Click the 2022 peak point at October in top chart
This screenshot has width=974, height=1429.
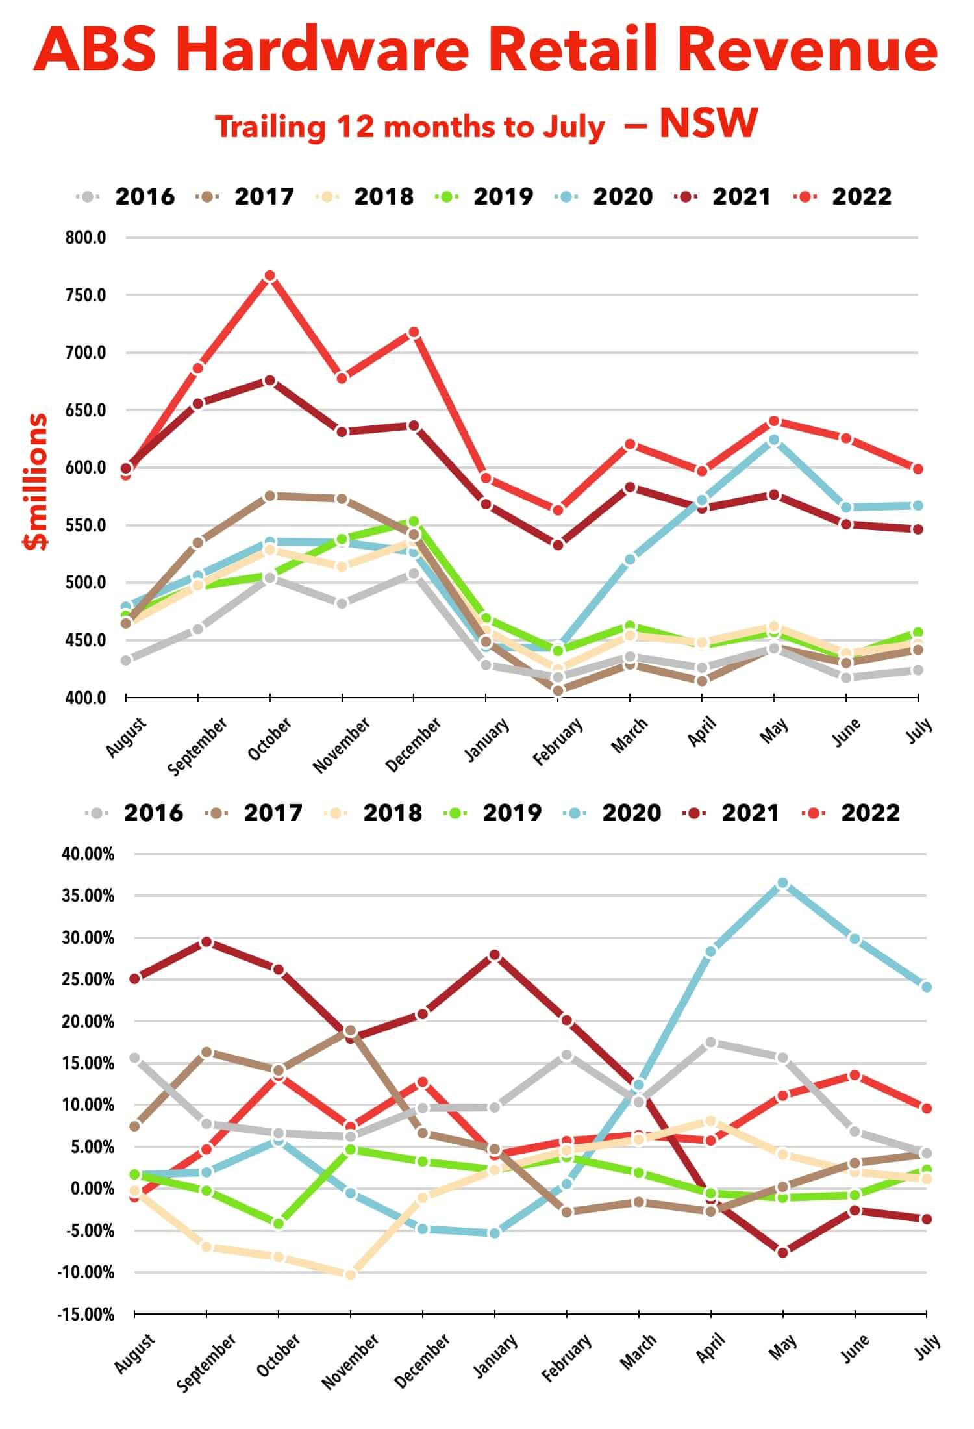point(270,276)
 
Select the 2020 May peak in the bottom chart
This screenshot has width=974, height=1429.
point(782,883)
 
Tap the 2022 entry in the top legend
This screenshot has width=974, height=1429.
point(861,196)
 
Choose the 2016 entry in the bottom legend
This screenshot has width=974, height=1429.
point(153,813)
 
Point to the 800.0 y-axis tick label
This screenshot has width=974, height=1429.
point(85,238)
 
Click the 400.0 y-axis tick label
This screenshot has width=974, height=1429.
point(85,698)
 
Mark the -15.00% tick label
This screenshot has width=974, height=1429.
point(86,1315)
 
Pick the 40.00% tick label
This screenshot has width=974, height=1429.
point(88,854)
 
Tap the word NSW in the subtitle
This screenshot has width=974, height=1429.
point(708,123)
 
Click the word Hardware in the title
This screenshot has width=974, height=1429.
point(322,50)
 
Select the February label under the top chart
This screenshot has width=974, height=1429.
point(558,741)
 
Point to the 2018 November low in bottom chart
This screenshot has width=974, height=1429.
point(351,1275)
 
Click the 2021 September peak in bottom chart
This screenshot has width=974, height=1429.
point(206,942)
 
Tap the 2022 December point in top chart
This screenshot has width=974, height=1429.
point(414,333)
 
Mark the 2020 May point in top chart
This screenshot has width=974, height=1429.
point(773,440)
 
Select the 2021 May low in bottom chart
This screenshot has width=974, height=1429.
point(782,1252)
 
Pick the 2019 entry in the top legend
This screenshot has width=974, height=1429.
point(503,196)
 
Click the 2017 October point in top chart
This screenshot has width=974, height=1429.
point(270,496)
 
